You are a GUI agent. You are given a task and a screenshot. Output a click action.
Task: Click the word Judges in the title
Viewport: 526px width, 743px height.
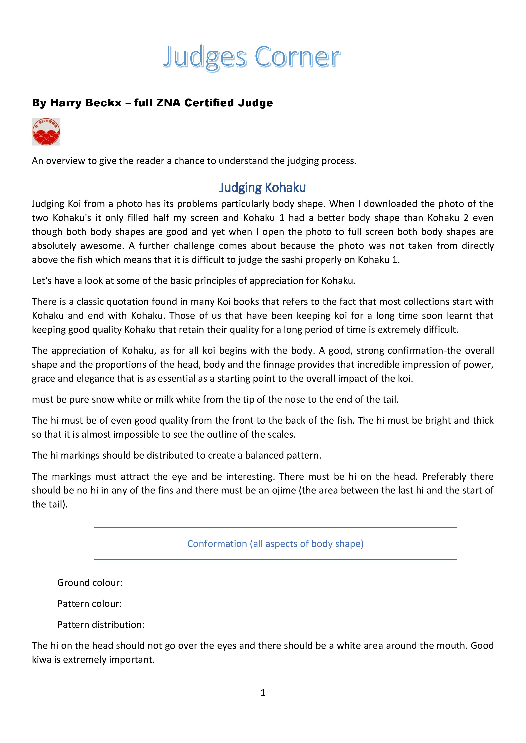[205, 57]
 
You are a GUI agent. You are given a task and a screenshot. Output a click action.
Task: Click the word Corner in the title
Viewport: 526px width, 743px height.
[297, 57]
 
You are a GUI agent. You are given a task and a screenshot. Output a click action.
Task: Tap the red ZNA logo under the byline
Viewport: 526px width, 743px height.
[46, 132]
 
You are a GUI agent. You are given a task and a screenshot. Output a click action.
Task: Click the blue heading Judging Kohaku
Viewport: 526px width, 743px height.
[262, 188]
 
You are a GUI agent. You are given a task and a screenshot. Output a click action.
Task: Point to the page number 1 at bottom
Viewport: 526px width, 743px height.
[263, 693]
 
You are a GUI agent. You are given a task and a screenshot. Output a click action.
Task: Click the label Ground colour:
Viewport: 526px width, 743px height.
[90, 582]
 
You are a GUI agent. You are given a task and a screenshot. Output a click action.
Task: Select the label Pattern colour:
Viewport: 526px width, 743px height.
[89, 603]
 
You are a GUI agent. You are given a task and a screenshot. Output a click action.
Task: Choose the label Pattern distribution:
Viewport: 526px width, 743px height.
[101, 624]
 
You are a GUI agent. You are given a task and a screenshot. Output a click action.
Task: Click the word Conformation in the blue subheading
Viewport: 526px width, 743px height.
[217, 544]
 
